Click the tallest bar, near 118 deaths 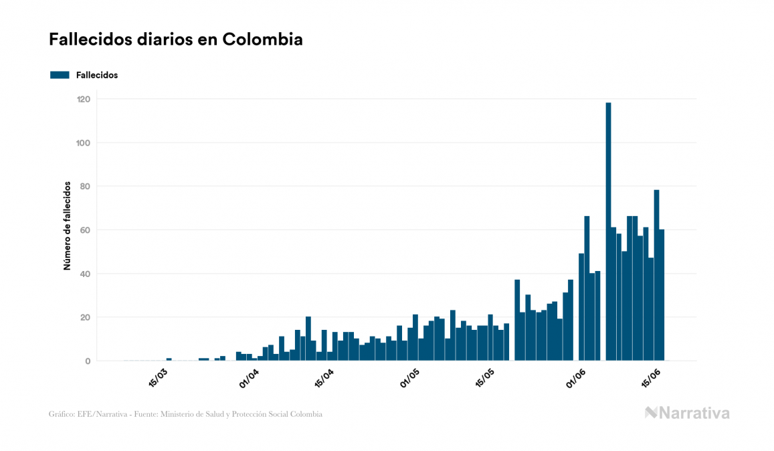point(608,231)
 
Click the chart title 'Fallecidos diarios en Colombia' point(175,39)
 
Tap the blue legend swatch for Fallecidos point(60,75)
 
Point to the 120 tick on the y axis point(84,99)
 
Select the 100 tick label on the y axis point(84,143)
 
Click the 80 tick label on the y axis point(85,186)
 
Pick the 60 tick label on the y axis point(85,230)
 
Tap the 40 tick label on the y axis point(85,274)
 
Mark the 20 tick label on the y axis point(85,317)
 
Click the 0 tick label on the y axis point(88,361)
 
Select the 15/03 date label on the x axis point(158,376)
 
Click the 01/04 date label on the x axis point(249,376)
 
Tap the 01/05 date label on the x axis point(410,376)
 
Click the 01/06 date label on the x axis point(576,376)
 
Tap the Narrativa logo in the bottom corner point(687,413)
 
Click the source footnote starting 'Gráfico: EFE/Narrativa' point(185,414)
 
